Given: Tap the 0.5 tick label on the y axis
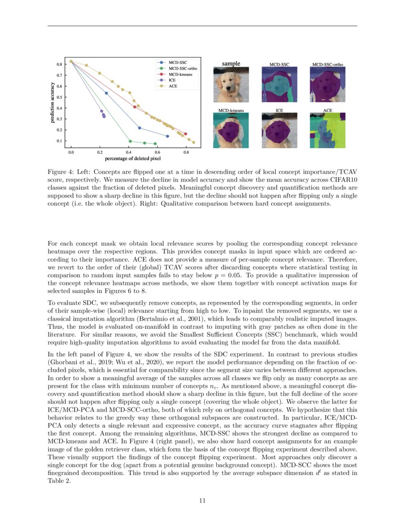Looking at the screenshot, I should (x=60, y=97).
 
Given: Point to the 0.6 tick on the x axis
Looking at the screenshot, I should (x=157, y=151).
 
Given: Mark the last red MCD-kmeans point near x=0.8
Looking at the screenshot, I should (x=185, y=134).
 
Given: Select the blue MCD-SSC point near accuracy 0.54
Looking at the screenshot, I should (x=106, y=93).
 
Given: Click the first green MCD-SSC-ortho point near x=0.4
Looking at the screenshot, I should (x=130, y=141).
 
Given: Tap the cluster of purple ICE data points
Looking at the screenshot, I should (x=103, y=114).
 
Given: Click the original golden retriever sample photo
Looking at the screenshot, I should (x=231, y=84).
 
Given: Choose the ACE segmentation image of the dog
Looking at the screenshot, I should (x=327, y=130).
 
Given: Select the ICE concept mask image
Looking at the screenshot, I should (x=280, y=130).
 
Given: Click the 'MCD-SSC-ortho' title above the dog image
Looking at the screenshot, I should (x=327, y=64).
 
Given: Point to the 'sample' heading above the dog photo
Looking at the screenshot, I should (x=231, y=63).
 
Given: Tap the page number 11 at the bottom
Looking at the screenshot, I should (x=202, y=500).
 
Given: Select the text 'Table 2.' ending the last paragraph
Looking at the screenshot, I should (x=59, y=481).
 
